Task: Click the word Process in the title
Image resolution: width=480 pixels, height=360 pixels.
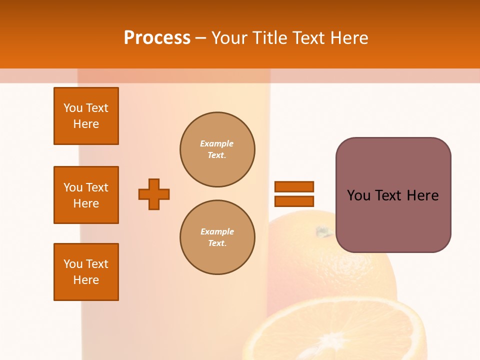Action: (157, 38)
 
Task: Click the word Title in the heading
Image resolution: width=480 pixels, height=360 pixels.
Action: (269, 38)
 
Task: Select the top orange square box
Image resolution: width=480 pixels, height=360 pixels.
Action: (86, 116)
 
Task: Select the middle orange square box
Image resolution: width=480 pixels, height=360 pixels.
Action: (86, 195)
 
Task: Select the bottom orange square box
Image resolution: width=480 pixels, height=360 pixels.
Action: (86, 272)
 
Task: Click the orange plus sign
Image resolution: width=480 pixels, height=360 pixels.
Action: (154, 194)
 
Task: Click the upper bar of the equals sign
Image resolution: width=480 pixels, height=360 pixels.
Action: (294, 186)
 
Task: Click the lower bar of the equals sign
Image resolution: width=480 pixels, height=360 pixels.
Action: (294, 201)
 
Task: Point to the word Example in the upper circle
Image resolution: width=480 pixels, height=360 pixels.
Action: (216, 143)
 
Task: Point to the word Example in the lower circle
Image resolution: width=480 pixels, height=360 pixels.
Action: (217, 231)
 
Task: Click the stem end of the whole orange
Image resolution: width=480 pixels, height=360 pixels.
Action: (324, 231)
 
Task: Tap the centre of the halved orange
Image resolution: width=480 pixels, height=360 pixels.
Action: (334, 345)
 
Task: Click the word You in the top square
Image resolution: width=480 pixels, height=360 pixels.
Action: (73, 108)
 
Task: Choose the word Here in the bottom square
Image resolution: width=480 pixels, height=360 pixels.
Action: (86, 280)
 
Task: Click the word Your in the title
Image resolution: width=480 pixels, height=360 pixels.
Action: (228, 38)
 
